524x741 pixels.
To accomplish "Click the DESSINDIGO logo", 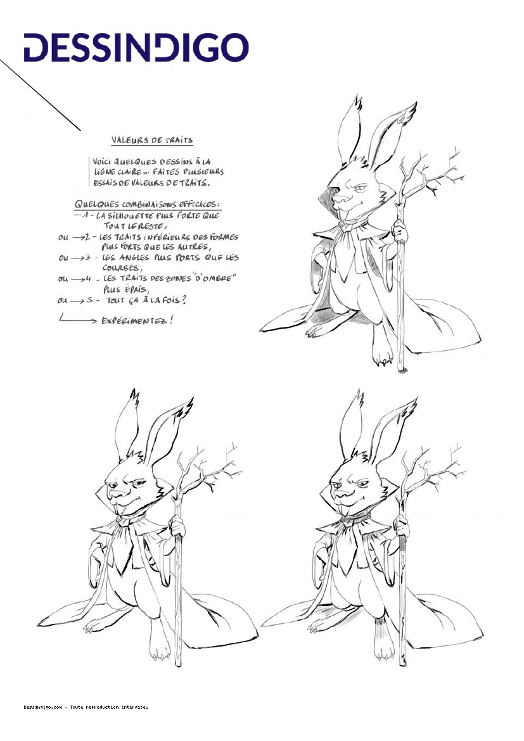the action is click(136, 47).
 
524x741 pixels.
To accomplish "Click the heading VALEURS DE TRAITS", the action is click(152, 141).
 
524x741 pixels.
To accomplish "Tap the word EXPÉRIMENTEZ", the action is click(137, 321).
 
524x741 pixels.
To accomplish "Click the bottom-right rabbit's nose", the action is click(338, 494).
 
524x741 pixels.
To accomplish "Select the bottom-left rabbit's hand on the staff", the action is click(177, 526).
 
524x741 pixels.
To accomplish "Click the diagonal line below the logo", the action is click(40, 95).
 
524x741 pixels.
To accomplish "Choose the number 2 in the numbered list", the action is click(88, 237).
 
